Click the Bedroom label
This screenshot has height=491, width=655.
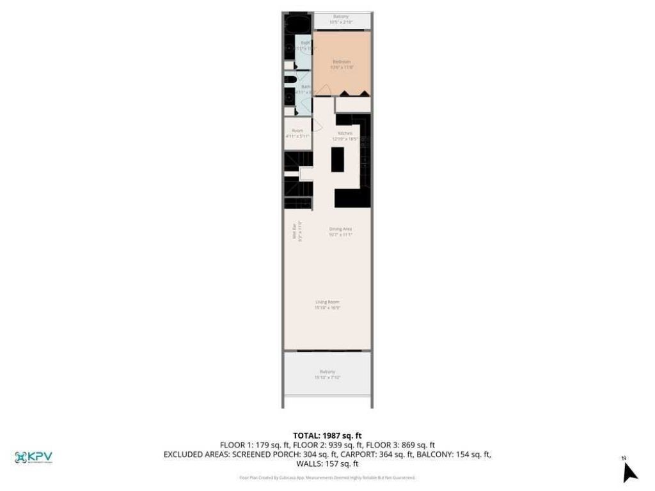pos(341,61)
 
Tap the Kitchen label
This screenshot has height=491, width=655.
pos(341,133)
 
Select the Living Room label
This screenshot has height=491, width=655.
pos(327,302)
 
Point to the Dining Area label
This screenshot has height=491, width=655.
pos(341,228)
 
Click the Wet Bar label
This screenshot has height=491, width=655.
pos(295,230)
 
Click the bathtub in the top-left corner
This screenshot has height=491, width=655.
pos(297,24)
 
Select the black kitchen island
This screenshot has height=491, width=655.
pos(337,159)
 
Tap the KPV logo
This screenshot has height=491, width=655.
pos(33,457)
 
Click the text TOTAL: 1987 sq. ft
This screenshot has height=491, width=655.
pos(327,435)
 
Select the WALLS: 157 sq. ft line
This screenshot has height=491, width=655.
pos(327,464)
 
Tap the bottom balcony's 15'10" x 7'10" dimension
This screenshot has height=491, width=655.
pos(327,377)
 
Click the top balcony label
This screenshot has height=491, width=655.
pos(341,17)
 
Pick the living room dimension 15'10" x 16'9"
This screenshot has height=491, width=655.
pos(327,308)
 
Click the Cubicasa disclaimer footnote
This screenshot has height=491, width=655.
pos(327,478)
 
